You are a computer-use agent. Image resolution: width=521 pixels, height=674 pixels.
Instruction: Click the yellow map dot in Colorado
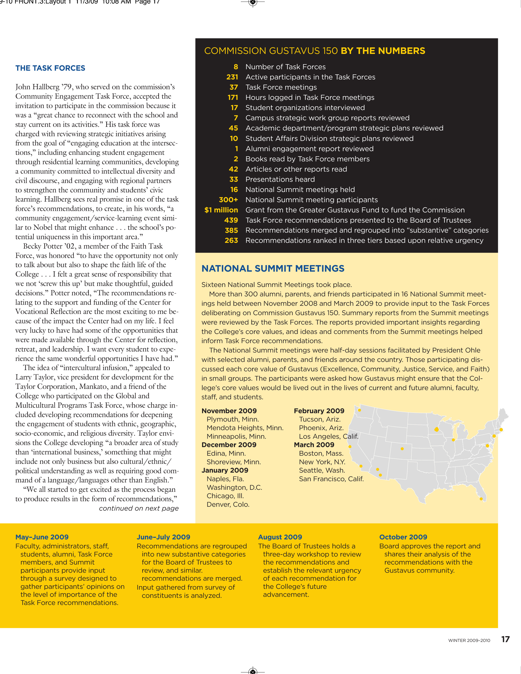click(402, 449)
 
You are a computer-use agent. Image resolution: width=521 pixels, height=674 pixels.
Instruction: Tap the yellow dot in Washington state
click(359, 410)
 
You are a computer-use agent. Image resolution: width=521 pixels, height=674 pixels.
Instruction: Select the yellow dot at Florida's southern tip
click(481, 499)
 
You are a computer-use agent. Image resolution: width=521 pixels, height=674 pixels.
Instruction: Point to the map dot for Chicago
click(453, 440)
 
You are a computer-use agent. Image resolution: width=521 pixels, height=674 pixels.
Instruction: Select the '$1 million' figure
click(221, 210)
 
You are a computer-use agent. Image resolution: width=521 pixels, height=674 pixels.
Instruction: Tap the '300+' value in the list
click(228, 200)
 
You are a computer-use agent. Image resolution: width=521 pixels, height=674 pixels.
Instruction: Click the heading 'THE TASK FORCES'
click(50, 68)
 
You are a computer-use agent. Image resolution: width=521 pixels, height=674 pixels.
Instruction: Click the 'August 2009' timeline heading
click(280, 537)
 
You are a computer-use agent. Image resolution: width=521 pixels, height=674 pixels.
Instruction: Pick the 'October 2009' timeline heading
click(403, 537)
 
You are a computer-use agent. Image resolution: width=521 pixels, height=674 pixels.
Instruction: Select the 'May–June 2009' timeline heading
click(42, 537)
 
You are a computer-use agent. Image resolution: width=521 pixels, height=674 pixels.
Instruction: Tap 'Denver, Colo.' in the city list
click(228, 504)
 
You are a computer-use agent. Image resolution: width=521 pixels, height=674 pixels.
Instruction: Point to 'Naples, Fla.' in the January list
click(225, 479)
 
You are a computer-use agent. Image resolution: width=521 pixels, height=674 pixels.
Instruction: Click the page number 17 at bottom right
click(505, 639)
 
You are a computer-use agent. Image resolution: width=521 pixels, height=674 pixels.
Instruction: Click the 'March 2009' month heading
click(314, 445)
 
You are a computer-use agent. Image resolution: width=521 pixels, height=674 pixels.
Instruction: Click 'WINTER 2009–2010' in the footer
click(469, 640)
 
